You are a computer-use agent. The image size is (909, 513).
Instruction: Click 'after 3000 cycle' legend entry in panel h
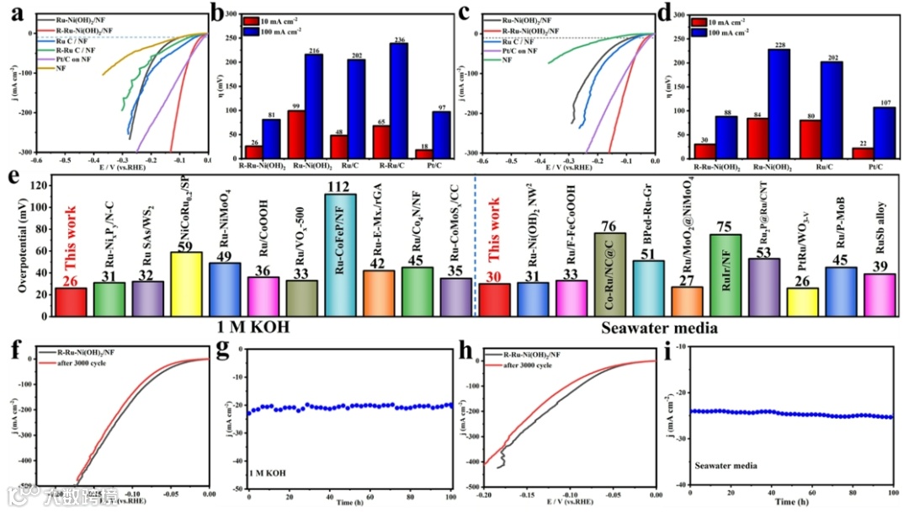[525, 364]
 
